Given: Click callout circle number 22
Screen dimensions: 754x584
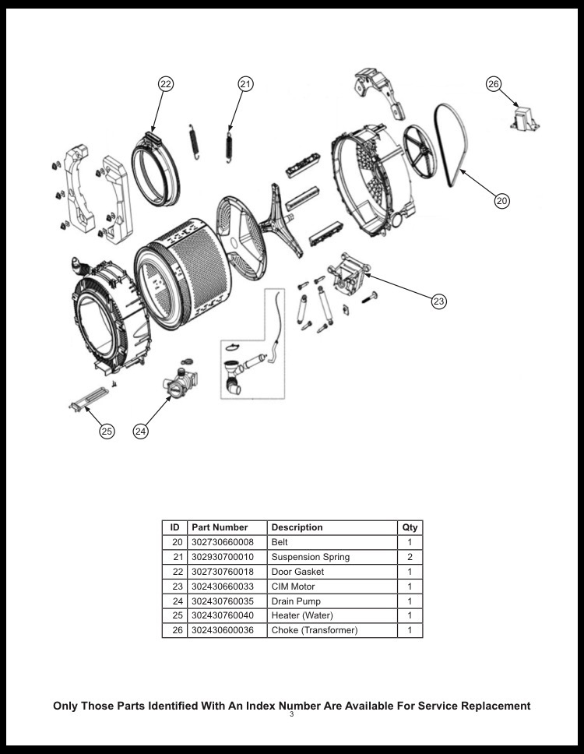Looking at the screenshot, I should click(x=165, y=84).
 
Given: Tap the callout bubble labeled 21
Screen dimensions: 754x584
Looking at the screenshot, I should click(x=245, y=84).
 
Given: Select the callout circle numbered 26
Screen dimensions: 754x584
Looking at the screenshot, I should click(x=494, y=84).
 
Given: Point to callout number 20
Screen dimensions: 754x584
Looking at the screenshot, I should click(x=502, y=200).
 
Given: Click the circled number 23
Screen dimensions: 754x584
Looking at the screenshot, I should click(x=439, y=301).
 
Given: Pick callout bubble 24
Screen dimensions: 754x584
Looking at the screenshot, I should click(x=141, y=431).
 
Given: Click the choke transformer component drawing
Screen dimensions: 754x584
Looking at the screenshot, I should click(x=525, y=119).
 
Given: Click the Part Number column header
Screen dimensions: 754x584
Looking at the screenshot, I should click(x=220, y=527).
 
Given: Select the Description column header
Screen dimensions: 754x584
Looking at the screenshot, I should click(x=297, y=527).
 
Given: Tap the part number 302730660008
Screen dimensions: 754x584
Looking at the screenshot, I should click(x=223, y=542).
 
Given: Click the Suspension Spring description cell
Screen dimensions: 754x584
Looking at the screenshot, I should click(x=310, y=557).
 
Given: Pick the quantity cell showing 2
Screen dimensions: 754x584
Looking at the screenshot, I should click(x=410, y=557).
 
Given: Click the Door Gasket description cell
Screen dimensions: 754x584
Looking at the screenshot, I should click(x=297, y=572).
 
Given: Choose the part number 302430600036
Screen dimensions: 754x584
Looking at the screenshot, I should click(x=223, y=630).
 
